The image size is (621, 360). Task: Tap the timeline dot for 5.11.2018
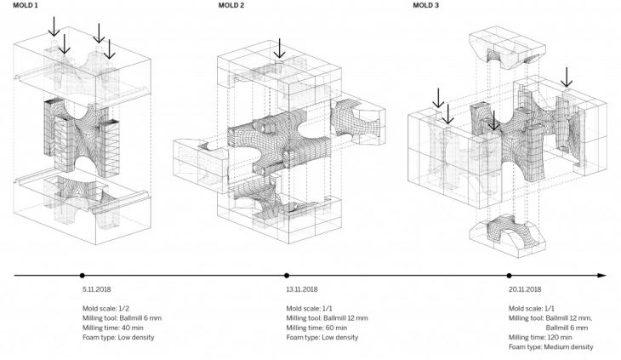(x=82, y=275)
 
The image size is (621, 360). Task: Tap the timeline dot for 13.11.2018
(x=287, y=275)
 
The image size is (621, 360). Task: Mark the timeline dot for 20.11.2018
(x=509, y=275)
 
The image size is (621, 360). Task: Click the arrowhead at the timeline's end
(x=602, y=275)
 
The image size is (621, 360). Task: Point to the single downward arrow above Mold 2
(x=279, y=49)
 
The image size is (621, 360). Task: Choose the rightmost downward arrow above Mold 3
(x=567, y=78)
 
